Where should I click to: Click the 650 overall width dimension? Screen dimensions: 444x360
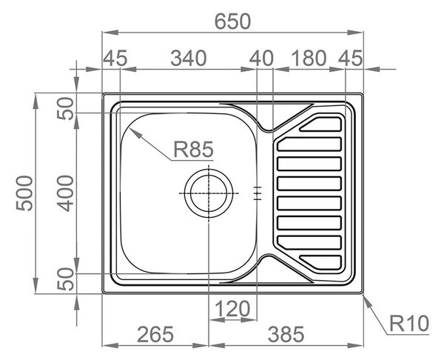(233, 21)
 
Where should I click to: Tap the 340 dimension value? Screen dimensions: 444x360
(189, 58)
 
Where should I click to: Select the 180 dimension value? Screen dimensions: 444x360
(309, 58)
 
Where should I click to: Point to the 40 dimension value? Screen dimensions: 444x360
(261, 58)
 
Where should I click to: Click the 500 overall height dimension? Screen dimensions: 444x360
(24, 193)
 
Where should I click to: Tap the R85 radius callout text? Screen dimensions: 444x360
(193, 150)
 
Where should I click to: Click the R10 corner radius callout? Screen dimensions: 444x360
(409, 324)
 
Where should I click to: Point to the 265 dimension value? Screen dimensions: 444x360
(155, 334)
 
